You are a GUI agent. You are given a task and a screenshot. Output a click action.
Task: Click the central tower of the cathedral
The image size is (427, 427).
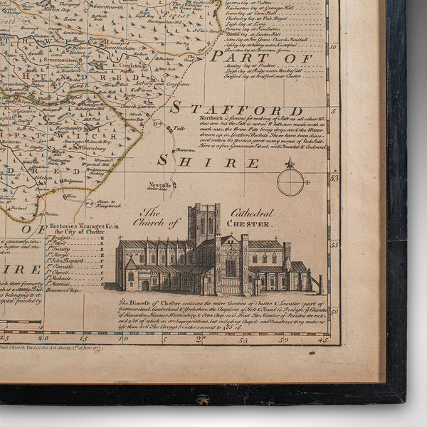click(204, 224)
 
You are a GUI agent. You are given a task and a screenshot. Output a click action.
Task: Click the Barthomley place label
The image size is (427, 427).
click(72, 125)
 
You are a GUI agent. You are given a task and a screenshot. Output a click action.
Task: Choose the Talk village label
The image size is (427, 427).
click(178, 129)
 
